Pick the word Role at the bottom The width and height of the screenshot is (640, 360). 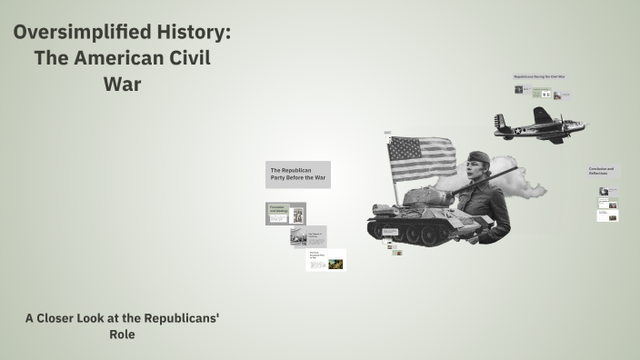tap(122, 335)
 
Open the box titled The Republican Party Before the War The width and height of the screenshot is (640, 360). tap(298, 174)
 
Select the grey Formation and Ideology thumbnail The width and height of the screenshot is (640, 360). tap(285, 214)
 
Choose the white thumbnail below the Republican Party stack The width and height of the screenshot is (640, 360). tap(325, 259)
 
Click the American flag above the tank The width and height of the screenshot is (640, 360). tap(421, 156)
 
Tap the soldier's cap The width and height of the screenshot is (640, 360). tap(479, 160)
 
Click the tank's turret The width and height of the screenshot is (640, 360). tap(425, 195)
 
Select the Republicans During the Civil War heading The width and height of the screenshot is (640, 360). tap(539, 77)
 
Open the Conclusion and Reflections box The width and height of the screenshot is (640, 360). tap(604, 171)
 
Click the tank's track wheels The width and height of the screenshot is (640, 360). tap(409, 233)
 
